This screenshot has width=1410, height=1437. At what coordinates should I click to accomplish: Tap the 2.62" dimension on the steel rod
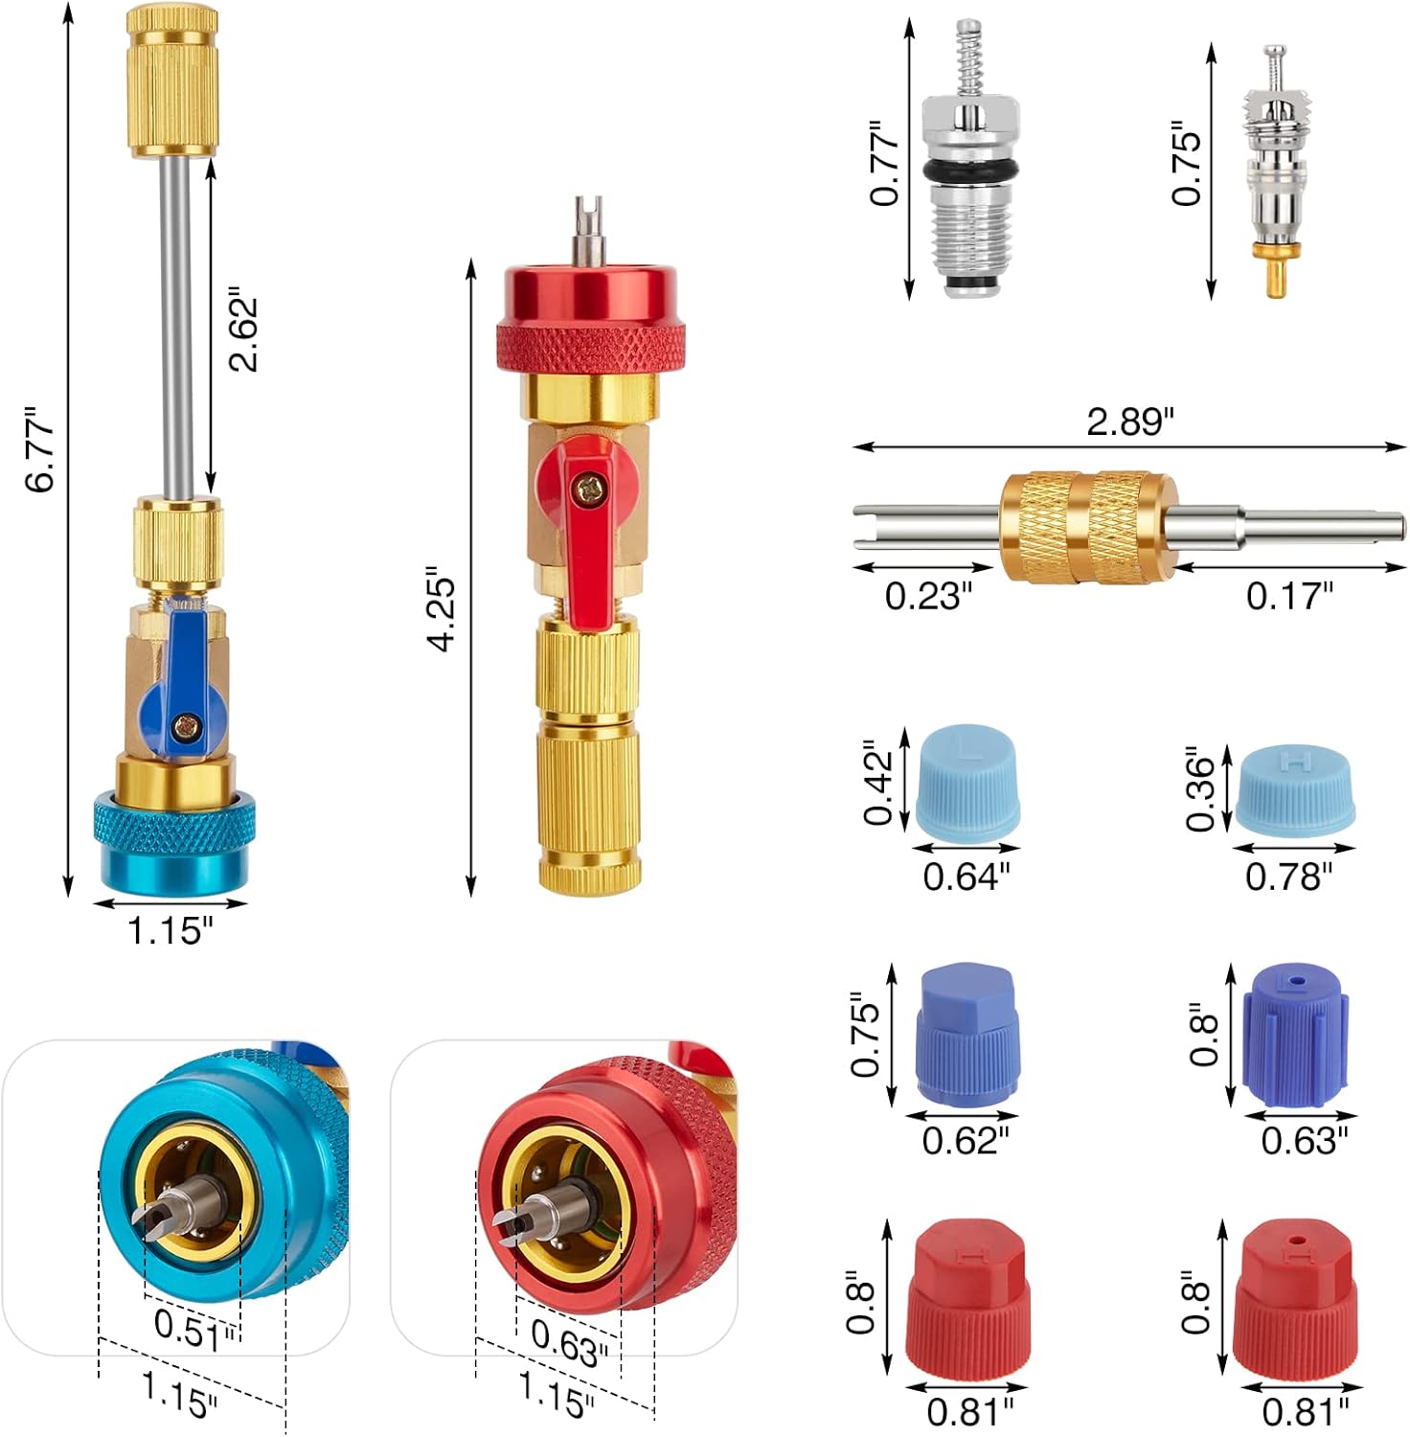[x=243, y=329]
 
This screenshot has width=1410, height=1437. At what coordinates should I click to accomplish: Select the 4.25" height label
[x=442, y=609]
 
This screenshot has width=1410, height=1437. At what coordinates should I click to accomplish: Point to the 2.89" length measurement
[x=1129, y=422]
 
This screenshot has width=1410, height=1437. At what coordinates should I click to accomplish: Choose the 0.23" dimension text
[x=927, y=596]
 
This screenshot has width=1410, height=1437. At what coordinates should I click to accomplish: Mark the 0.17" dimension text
[x=1288, y=596]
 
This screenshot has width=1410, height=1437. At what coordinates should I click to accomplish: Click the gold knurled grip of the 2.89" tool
[x=1088, y=527]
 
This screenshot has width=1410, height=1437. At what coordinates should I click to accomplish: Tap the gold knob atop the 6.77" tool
[x=173, y=81]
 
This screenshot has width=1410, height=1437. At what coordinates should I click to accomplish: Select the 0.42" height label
[x=877, y=782]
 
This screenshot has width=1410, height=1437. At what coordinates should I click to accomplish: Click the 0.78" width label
[x=1288, y=876]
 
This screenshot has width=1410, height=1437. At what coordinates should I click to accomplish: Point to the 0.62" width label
[x=966, y=1140]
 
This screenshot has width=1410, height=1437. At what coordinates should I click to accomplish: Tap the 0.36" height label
[x=1199, y=791]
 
